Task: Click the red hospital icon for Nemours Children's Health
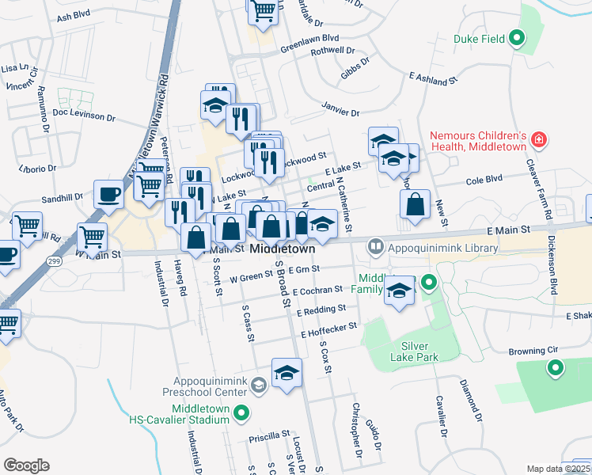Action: pyautogui.click(x=539, y=139)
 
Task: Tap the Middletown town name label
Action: pyautogui.click(x=283, y=249)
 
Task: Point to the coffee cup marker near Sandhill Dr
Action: pyautogui.click(x=108, y=194)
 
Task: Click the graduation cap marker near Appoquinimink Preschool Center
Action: pyautogui.click(x=287, y=373)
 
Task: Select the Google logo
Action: pyautogui.click(x=26, y=465)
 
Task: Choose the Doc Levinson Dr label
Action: pyautogui.click(x=84, y=116)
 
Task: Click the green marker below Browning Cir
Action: pyautogui.click(x=555, y=367)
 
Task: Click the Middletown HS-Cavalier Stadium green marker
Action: pyautogui.click(x=244, y=412)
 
